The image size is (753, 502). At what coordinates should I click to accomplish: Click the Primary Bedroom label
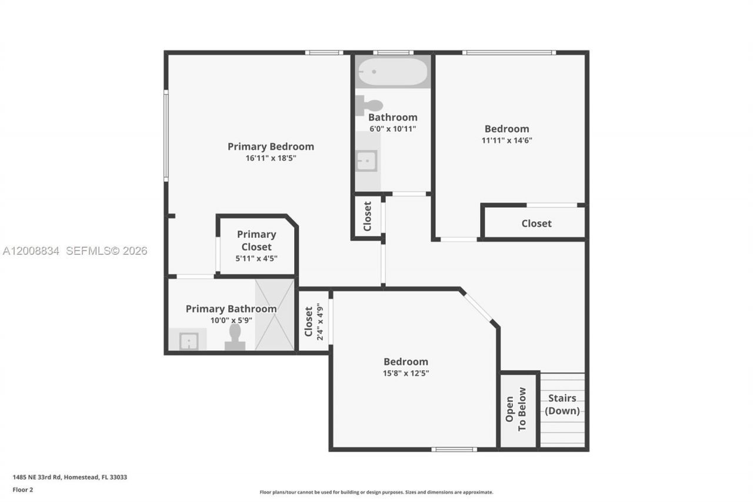271,147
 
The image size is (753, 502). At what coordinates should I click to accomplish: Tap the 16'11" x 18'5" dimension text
271,158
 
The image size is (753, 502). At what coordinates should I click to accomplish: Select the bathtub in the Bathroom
392,72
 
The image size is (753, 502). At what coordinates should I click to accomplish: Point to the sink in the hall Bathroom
366,160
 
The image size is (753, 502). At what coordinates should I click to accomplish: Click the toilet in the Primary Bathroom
235,338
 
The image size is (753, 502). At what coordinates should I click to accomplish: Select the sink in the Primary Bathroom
188,341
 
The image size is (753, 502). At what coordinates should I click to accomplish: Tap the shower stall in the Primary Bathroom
274,315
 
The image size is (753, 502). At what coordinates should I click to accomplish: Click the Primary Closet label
256,241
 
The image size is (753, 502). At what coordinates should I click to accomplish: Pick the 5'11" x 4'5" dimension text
256,258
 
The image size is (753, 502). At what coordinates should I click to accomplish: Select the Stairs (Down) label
562,404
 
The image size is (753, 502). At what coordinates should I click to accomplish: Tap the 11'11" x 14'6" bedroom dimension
507,141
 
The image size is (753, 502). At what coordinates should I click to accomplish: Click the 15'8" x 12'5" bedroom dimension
406,373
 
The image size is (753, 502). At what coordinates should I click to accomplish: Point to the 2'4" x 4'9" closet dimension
321,322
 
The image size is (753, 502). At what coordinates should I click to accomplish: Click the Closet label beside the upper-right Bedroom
537,224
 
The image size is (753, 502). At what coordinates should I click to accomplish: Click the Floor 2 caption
23,489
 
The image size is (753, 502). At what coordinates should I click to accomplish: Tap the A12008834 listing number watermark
31,251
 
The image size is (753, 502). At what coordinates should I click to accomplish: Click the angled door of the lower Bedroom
477,308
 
